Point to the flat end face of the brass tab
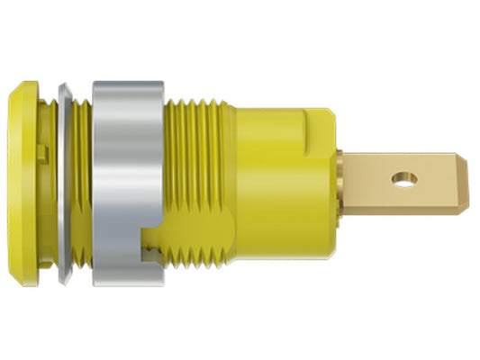[x=469, y=181]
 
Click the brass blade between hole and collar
[x=369, y=181]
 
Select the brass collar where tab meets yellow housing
[x=344, y=181]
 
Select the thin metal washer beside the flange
[x=63, y=180]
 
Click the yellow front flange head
[x=27, y=180]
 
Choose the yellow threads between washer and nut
[x=80, y=180]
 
